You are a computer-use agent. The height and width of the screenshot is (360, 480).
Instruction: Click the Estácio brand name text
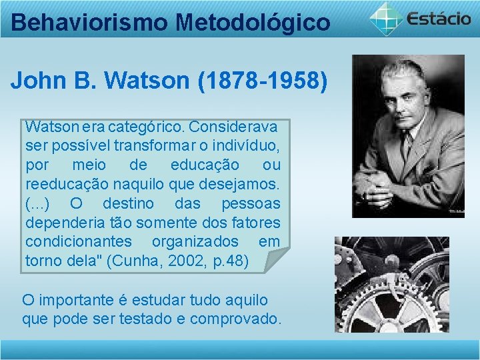440,17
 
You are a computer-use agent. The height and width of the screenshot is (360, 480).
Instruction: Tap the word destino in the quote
128,203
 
